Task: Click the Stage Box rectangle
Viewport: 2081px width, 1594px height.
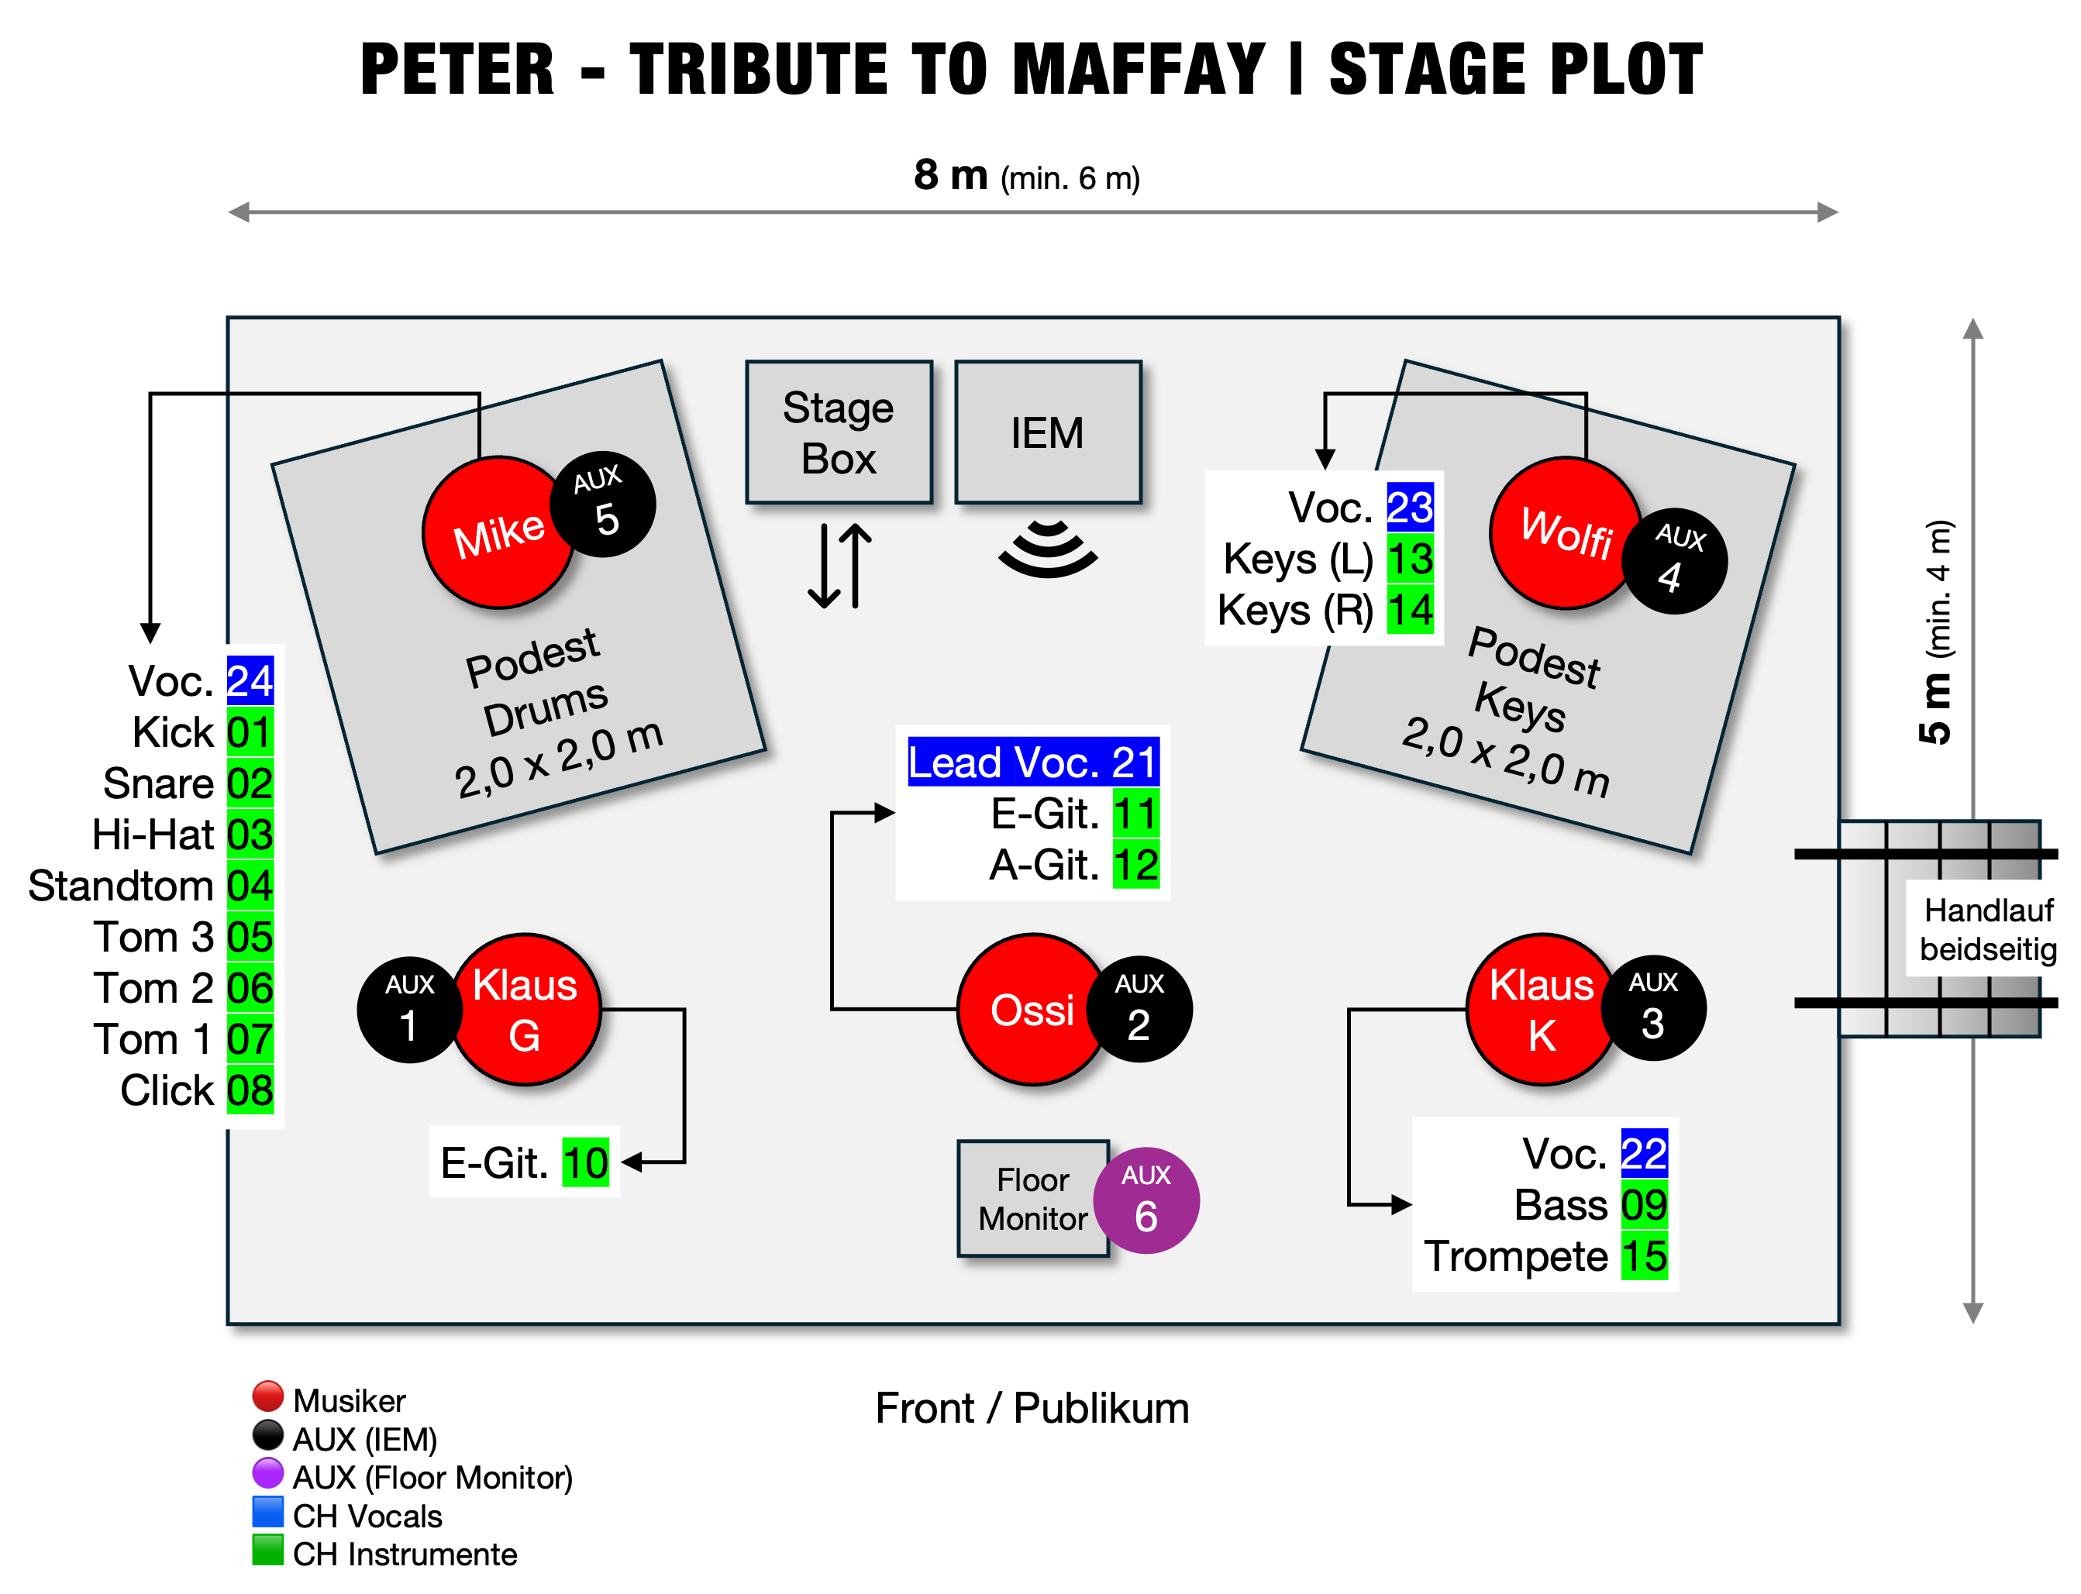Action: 838,432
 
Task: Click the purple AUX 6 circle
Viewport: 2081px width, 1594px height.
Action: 1146,1201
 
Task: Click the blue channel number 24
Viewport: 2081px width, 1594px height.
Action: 250,680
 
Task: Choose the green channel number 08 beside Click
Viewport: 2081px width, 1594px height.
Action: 250,1090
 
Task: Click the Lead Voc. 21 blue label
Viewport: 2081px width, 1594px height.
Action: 1032,762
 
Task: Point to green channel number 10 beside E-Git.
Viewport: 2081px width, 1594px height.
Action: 585,1162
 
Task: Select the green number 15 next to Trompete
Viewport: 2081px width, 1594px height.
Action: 1644,1256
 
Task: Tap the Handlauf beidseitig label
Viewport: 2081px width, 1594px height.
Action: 1988,929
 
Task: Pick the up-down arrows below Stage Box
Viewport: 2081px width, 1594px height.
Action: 839,566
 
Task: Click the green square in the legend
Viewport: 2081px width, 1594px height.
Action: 267,1549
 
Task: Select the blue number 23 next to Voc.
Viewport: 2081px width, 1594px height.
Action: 1409,507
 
